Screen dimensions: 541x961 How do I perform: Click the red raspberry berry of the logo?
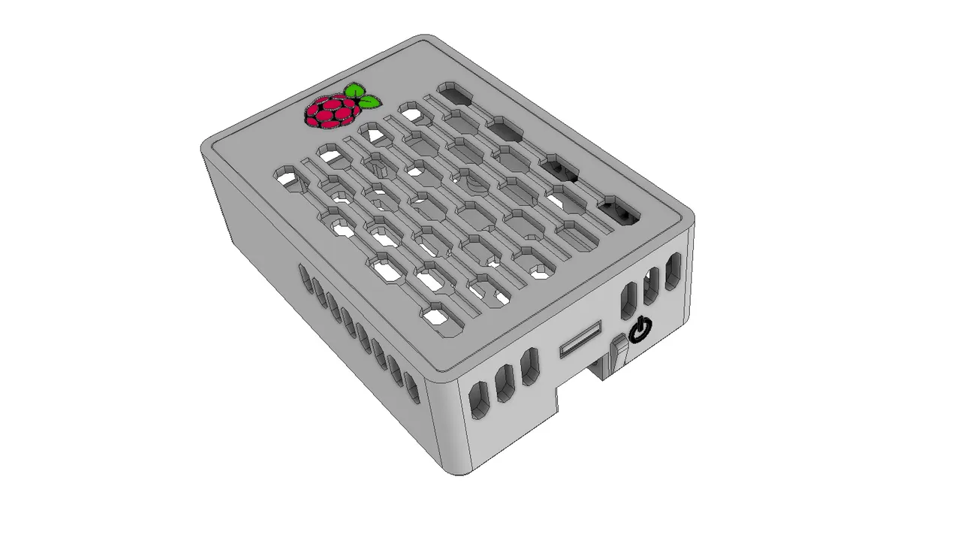coord(329,112)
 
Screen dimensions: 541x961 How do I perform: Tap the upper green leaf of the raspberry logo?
coord(353,92)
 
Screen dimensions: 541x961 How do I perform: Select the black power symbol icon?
coord(640,328)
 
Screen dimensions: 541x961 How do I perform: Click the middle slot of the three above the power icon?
coord(650,286)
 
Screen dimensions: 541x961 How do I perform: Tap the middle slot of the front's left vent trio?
coord(504,383)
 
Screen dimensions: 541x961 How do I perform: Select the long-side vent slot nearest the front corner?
coord(412,386)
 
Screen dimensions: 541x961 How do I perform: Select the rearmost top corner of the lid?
coord(426,39)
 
